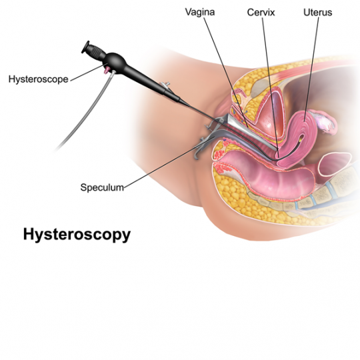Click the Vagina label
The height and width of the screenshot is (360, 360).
pos(200,12)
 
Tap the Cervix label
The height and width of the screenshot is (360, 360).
pos(261,12)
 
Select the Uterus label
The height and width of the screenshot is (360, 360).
pos(318,12)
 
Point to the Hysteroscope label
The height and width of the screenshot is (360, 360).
pos(39,79)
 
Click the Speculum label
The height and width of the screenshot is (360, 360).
pos(102,187)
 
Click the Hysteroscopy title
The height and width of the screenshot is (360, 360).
pos(77,235)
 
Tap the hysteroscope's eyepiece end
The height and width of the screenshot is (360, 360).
pos(85,47)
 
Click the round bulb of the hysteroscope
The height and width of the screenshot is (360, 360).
pos(115,62)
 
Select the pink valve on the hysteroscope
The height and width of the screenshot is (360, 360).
pos(106,70)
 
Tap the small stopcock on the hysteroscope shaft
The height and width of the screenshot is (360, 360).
pos(165,85)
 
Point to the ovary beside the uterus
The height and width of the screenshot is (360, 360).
pos(325,121)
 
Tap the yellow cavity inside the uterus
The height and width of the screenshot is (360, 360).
pos(301,138)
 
